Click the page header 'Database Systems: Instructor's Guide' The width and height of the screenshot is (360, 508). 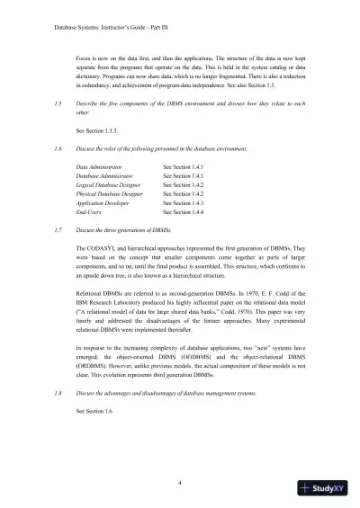[87, 28]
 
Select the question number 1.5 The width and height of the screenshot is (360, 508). [57, 104]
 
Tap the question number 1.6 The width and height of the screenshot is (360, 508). [57, 147]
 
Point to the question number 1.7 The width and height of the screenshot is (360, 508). [57, 230]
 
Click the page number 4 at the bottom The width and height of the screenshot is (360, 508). [180, 483]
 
